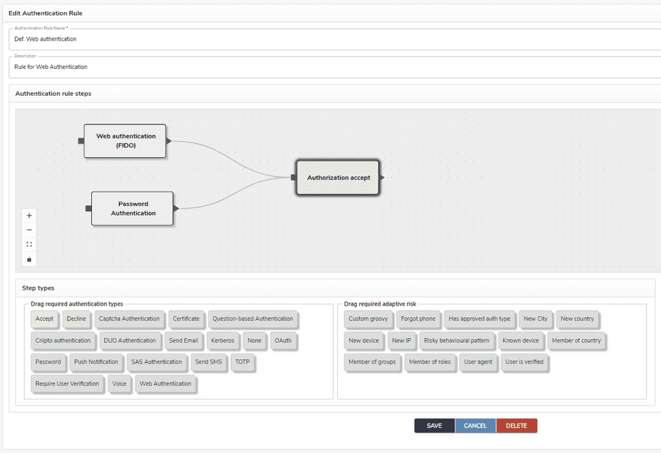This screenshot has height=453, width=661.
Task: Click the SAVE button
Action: click(434, 426)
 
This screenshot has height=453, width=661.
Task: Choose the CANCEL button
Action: click(475, 426)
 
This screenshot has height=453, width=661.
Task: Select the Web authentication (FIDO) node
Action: click(125, 141)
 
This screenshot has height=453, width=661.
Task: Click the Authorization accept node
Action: click(338, 177)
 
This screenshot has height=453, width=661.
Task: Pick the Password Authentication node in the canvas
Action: click(132, 209)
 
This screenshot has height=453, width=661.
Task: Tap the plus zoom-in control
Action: click(29, 216)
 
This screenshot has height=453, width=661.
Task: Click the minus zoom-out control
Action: click(29, 230)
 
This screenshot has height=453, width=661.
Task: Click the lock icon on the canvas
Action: click(29, 259)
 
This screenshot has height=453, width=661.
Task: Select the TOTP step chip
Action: click(243, 362)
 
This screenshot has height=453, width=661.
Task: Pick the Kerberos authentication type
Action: click(223, 341)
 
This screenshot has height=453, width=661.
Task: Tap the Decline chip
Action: click(76, 319)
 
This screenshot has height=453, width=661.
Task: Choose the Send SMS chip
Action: click(208, 362)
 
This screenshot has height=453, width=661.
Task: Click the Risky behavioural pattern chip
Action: click(457, 341)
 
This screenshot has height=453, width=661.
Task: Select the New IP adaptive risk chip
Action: click(401, 341)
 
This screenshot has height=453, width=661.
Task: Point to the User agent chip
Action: click(478, 362)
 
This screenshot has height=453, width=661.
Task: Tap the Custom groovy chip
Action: click(368, 319)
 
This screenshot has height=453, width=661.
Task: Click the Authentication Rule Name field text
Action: click(45, 39)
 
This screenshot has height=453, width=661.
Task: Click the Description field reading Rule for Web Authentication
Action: click(50, 67)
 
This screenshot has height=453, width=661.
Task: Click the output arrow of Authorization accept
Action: click(382, 177)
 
